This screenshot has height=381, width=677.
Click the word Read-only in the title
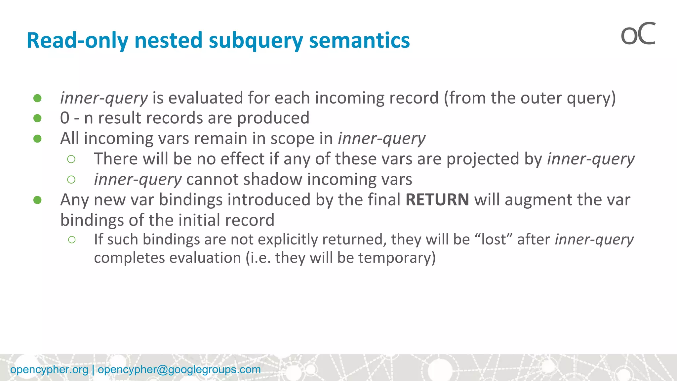coord(77,40)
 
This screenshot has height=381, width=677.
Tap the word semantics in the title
coord(359,40)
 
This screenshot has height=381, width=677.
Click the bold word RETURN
coord(437,200)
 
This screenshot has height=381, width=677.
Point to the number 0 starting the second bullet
coord(65,118)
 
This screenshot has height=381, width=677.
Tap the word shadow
coord(273,180)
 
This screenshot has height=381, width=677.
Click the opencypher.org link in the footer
coord(49,369)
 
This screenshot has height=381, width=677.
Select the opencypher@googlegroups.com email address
coord(179,369)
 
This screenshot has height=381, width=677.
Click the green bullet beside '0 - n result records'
coord(37,118)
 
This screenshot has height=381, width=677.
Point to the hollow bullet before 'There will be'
coord(71,159)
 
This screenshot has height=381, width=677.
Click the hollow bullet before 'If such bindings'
coord(72,240)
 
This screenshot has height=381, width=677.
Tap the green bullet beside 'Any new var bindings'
coord(37,200)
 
